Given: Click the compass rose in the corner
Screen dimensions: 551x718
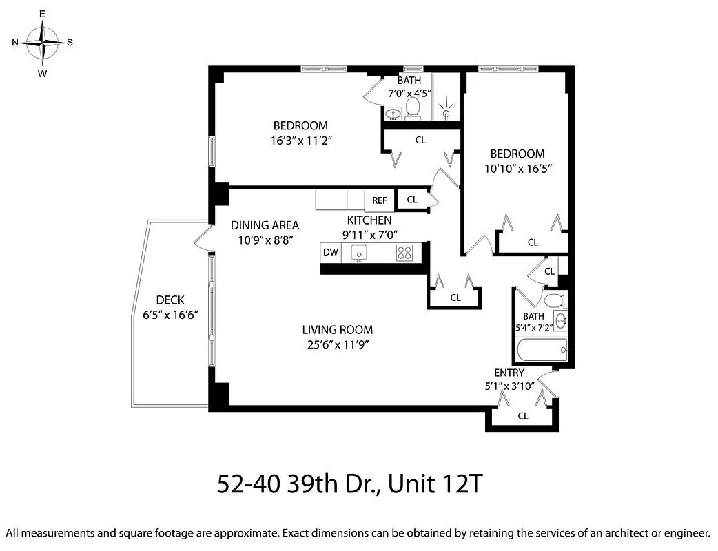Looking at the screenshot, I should point(43,42).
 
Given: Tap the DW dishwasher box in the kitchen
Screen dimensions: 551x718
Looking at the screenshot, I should point(331,252).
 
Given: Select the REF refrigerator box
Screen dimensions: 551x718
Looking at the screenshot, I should point(380,200).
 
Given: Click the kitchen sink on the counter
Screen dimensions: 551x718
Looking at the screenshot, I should point(359,253).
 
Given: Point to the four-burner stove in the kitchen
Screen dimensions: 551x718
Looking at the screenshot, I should point(404,253).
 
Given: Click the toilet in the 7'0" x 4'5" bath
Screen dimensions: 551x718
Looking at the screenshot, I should point(413,107).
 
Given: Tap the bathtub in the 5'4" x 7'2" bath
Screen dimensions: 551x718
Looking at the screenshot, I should point(541,350).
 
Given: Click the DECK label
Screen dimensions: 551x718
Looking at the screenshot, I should point(170,300).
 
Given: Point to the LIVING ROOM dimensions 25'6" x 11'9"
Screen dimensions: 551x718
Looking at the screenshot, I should point(337,345).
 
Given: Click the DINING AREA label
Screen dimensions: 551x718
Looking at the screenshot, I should point(265,225).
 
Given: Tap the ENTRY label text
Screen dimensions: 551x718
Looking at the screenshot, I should point(509,373).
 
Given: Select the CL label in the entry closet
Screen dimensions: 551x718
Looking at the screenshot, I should point(523,415).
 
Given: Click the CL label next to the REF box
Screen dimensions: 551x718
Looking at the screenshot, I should point(412,200).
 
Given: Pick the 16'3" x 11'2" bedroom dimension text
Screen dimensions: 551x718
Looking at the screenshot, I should point(300,140).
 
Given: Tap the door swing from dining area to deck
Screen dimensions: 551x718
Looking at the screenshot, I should point(202,238).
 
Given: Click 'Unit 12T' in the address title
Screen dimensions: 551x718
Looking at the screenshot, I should point(435,484).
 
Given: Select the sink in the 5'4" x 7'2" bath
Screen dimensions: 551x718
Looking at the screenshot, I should point(561,320).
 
